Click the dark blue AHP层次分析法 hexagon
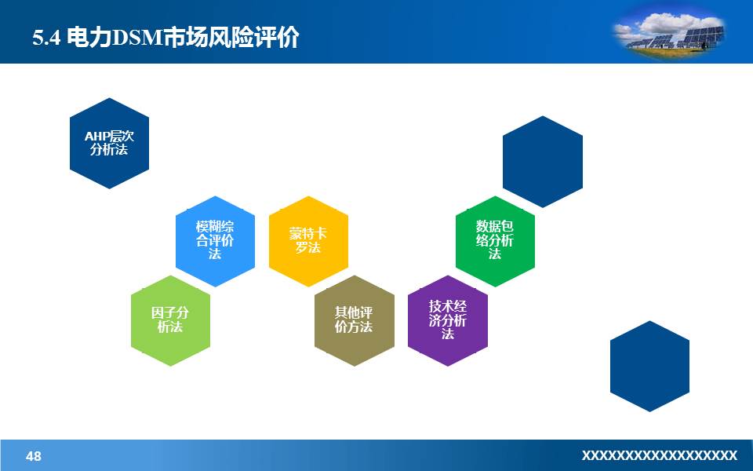click(109, 143)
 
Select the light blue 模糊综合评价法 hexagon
click(215, 241)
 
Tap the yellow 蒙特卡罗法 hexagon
click(308, 241)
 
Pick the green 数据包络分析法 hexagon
click(495, 241)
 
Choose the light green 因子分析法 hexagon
click(170, 320)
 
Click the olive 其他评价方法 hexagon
click(354, 320)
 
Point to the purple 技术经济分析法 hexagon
click(448, 320)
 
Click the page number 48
click(34, 456)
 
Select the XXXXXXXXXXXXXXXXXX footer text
click(660, 455)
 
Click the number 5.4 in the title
click(46, 38)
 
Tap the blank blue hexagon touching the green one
click(542, 162)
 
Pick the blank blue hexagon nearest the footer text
click(649, 366)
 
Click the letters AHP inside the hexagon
click(97, 136)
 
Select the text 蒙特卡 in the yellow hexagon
click(308, 234)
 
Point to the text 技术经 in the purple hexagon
click(448, 307)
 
